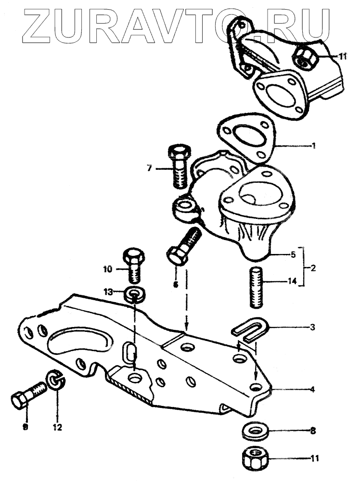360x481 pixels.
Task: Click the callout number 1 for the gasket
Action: tap(313, 145)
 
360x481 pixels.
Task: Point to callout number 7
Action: tap(150, 168)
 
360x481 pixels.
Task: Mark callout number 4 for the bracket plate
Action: tap(312, 389)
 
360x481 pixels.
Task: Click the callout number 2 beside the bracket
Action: tap(313, 266)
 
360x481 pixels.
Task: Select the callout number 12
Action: tap(58, 426)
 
